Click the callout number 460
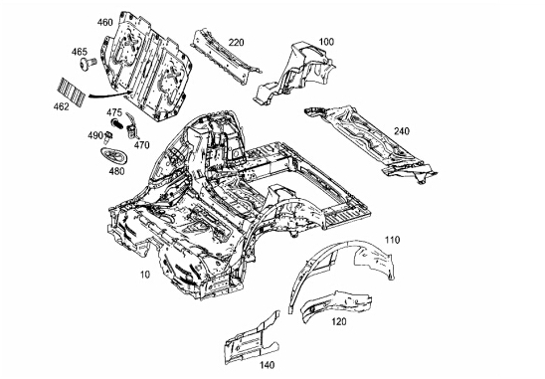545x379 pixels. [104, 23]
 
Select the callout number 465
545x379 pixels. [80, 52]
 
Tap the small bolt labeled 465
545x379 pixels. [88, 64]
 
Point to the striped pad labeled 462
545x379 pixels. [72, 91]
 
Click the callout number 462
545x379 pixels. [62, 106]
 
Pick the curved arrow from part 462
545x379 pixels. [107, 95]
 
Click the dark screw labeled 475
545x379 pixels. [117, 123]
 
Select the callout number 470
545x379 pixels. [142, 144]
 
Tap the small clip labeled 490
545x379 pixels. [108, 137]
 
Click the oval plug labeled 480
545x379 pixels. [114, 156]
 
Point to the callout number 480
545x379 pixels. [116, 171]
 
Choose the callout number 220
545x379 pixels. [237, 43]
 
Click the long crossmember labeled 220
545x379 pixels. [225, 57]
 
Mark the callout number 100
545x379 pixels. [326, 42]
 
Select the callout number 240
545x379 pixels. [402, 131]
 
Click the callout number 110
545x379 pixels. [392, 240]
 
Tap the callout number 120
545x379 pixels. [338, 321]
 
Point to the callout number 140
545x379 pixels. [267, 365]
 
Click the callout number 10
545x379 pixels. [145, 275]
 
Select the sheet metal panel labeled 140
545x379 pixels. [253, 338]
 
